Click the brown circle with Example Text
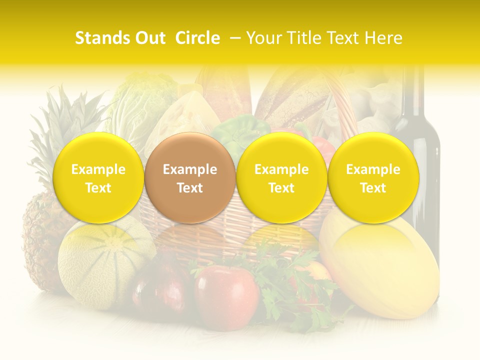[x=190, y=178]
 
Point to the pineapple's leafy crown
[x=70, y=120]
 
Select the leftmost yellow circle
[x=98, y=178]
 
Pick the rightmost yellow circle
[x=373, y=178]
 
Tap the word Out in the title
[x=149, y=38]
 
